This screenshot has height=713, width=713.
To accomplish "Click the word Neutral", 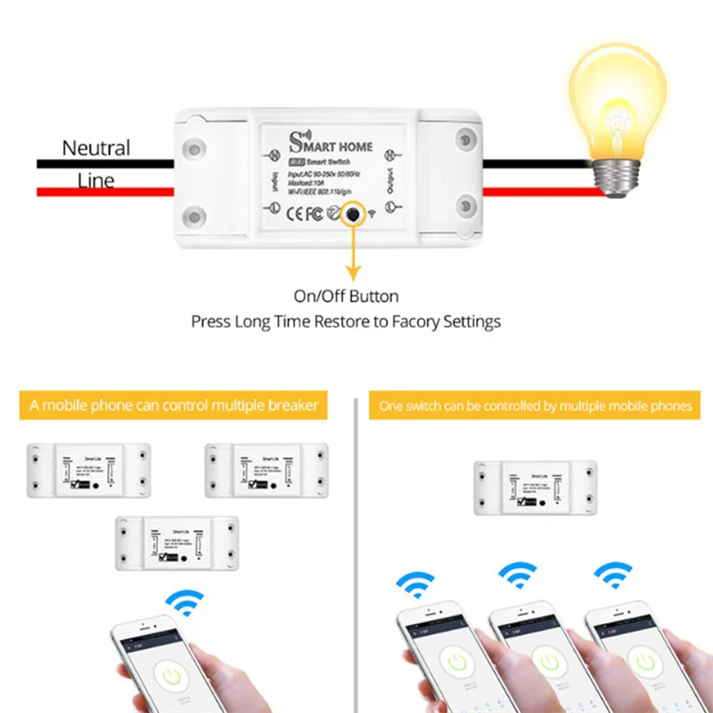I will pyautogui.click(x=95, y=148).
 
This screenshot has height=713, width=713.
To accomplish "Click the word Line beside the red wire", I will pyautogui.click(x=95, y=181).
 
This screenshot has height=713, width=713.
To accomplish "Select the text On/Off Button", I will pyautogui.click(x=346, y=296).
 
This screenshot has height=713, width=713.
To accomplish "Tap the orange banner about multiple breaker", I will pyautogui.click(x=174, y=406).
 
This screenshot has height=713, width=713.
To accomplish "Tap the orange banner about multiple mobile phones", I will pyautogui.click(x=535, y=406).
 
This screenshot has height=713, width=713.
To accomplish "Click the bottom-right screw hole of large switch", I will pyautogui.click(x=466, y=208).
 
